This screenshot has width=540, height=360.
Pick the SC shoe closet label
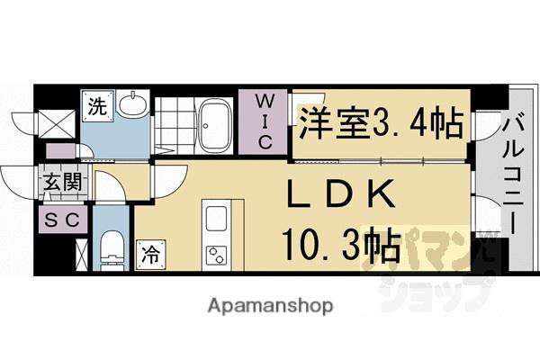coord(60,218)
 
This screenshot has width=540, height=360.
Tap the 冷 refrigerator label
coord(150,255)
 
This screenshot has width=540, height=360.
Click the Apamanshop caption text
coord(271,305)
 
